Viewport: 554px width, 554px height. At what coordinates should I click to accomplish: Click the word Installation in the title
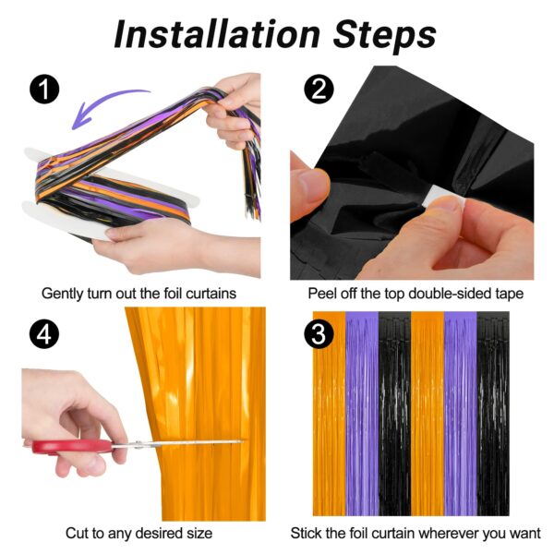point(217,34)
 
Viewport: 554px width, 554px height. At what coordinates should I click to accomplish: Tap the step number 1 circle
point(44,90)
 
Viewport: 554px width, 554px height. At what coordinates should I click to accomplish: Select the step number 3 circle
point(319,334)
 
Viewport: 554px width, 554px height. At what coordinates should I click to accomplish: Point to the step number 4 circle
point(44,334)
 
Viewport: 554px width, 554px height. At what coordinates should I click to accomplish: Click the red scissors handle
point(72,447)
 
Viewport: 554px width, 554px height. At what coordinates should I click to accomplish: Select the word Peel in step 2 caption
point(322,294)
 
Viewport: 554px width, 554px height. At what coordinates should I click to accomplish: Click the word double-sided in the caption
point(445,294)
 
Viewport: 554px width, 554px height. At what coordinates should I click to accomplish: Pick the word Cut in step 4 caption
point(77,533)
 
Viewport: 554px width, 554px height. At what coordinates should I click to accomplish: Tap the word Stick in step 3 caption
point(306,533)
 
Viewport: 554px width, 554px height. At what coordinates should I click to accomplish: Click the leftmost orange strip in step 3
point(330,414)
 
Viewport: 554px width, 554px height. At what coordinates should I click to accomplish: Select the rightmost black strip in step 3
point(493,414)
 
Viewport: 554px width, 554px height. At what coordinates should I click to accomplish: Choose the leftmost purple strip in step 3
point(362,414)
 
